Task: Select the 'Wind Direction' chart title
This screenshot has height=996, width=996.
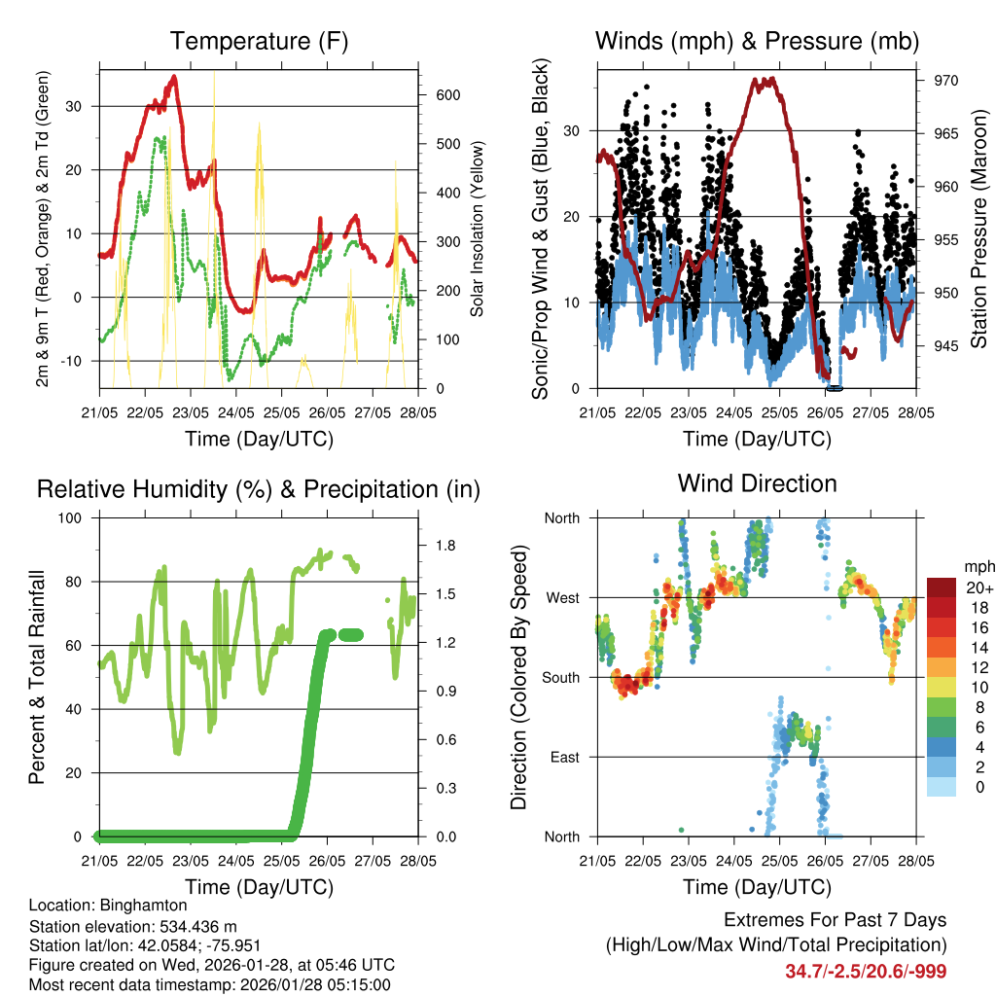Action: click(757, 483)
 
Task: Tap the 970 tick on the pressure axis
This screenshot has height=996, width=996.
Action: click(946, 81)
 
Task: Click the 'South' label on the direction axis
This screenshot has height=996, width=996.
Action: click(561, 677)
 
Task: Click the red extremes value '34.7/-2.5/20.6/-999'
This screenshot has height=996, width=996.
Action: click(866, 971)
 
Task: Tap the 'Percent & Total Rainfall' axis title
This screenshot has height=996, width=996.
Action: click(36, 678)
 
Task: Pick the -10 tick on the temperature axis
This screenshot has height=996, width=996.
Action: click(75, 361)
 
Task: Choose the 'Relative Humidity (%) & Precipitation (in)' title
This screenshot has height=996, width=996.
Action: click(258, 489)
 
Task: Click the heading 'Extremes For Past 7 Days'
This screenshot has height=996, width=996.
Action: click(835, 920)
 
